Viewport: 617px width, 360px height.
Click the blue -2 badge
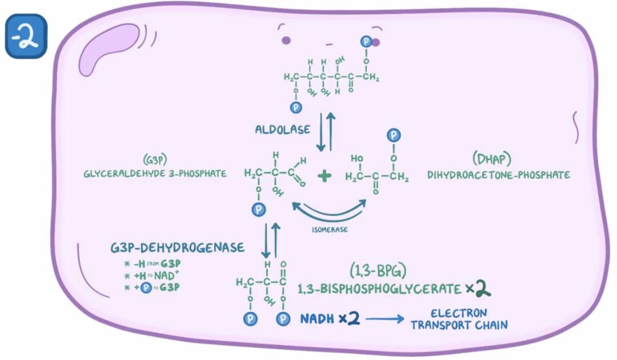coord(26,36)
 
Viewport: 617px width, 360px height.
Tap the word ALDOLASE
coord(283,130)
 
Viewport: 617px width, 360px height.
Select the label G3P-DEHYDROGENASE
coord(178,247)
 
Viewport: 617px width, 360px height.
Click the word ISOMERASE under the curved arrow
coord(330,229)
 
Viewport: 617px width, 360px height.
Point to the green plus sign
coord(324,175)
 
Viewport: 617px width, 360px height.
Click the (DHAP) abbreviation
coord(491,158)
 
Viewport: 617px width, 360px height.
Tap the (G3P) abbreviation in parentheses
coord(155,159)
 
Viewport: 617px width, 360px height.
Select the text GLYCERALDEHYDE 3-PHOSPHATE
coord(155,174)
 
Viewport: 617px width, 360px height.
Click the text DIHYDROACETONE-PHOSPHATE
coord(499,175)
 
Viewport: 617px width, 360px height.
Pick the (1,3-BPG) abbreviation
coord(378,270)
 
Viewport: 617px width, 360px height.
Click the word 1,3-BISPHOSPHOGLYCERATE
coord(379,289)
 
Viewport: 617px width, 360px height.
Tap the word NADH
coord(316,318)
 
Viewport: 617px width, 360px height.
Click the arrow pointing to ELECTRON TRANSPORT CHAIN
coord(385,319)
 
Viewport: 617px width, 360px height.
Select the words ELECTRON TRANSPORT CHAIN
coord(459,319)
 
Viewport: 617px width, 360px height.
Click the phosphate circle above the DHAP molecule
coord(394,135)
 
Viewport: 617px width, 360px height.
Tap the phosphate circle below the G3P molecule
coord(259,210)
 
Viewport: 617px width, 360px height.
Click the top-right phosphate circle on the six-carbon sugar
coord(366,41)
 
